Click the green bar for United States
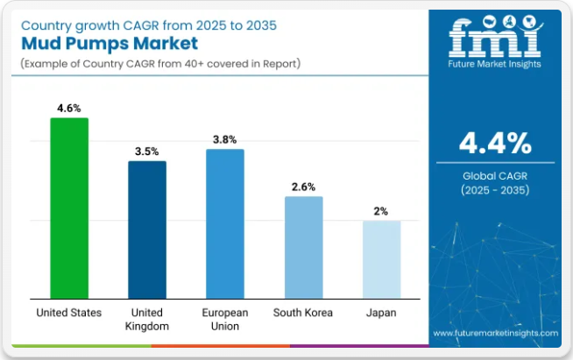tap(69, 208)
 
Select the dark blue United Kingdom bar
tap(147, 229)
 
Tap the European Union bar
tap(225, 223)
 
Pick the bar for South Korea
tap(303, 247)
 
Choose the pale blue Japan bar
tap(381, 259)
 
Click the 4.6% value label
tap(69, 109)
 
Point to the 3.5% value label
tap(147, 152)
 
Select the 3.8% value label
tap(225, 139)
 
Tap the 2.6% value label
tap(303, 187)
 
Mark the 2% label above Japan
tap(381, 211)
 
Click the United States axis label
tap(69, 313)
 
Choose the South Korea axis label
tap(303, 313)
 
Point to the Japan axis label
tap(381, 313)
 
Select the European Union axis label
tap(225, 319)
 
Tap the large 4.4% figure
tap(495, 143)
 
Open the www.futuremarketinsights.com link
tap(495, 334)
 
